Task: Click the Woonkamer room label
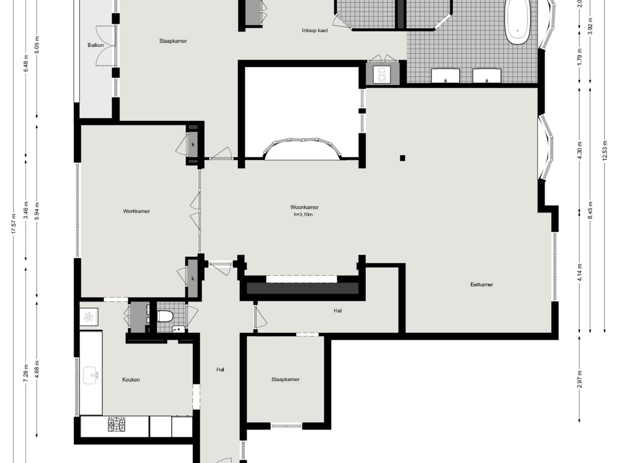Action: pos(304,207)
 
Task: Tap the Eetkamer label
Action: pos(482,285)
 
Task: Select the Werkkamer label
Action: pos(136,211)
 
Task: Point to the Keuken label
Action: pos(131,380)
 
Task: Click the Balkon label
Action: pos(96,45)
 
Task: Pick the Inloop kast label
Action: pos(315,30)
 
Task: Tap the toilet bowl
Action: pos(165,316)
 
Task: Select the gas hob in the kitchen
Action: pos(117,424)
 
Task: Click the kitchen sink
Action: pos(91,375)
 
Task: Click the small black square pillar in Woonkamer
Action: pos(402,158)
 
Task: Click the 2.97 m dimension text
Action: pos(580,379)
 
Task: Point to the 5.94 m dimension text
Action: pos(37,211)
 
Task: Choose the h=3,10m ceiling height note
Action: pos(303,215)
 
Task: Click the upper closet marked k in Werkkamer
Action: pos(193,144)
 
